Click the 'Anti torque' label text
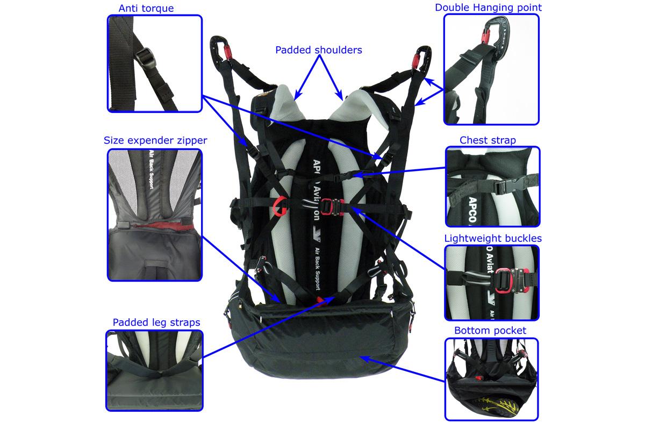pos(146,9)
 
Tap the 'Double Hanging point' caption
pos(488,8)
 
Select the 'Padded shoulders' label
pos(318,50)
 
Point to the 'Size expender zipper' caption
pos(155,140)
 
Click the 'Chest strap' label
pos(488,140)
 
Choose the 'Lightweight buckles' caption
pos(493,239)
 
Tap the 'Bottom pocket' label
pos(490,331)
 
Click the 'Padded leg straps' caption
pos(156,322)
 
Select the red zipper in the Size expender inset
pos(161,225)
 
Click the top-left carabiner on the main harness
pos(220,49)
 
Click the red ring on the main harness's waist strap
pos(279,206)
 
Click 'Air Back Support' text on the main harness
pos(317,269)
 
